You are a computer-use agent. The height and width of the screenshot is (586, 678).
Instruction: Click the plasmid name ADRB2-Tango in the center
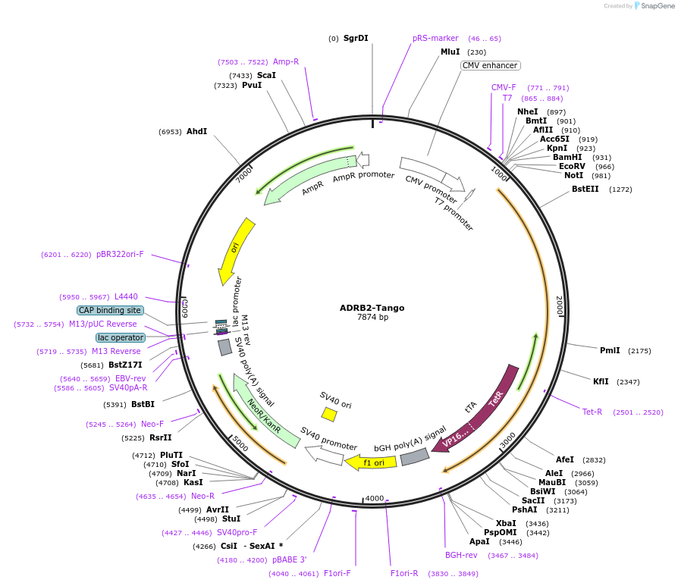[372, 308]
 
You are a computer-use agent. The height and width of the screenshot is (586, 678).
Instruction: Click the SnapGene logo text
[656, 6]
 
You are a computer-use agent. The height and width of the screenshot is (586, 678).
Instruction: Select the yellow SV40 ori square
[329, 414]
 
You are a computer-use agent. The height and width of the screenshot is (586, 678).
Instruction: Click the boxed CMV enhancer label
[490, 66]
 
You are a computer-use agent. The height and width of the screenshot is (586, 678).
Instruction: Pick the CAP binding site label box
[110, 310]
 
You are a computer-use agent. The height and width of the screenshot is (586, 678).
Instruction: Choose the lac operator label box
[120, 337]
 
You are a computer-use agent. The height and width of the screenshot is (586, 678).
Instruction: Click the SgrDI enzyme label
[355, 38]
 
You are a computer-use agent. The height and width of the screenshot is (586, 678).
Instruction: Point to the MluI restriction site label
[450, 52]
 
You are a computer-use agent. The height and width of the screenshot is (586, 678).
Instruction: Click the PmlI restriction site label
[610, 350]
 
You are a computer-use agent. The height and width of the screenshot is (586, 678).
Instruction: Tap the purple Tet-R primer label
[592, 412]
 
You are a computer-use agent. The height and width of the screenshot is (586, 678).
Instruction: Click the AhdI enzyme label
[196, 131]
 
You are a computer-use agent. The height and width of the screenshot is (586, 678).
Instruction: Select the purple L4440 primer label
[126, 296]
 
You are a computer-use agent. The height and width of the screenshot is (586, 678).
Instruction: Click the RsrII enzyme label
[160, 437]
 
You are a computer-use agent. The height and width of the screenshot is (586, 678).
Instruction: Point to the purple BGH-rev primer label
[461, 555]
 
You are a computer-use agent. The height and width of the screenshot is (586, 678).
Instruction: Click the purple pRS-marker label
[435, 38]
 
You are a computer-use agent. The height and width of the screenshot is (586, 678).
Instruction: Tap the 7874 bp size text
[372, 318]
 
